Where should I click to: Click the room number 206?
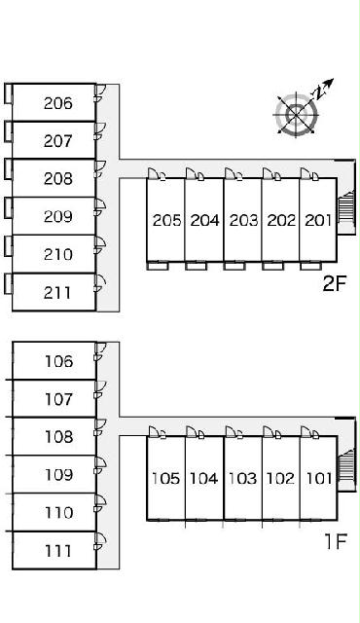[58, 103]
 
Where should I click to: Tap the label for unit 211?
[57, 293]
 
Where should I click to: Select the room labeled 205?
[166, 220]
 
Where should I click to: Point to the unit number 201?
[318, 220]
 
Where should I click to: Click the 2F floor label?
[335, 283]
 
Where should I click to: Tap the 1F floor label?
[336, 541]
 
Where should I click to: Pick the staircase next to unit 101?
[344, 465]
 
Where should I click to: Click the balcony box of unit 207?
[8, 131]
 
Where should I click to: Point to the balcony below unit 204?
[197, 266]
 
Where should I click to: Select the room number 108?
[58, 437]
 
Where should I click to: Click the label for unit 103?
[241, 478]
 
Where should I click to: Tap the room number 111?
[58, 551]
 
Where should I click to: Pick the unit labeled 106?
[58, 361]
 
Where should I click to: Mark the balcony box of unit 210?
[8, 245]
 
